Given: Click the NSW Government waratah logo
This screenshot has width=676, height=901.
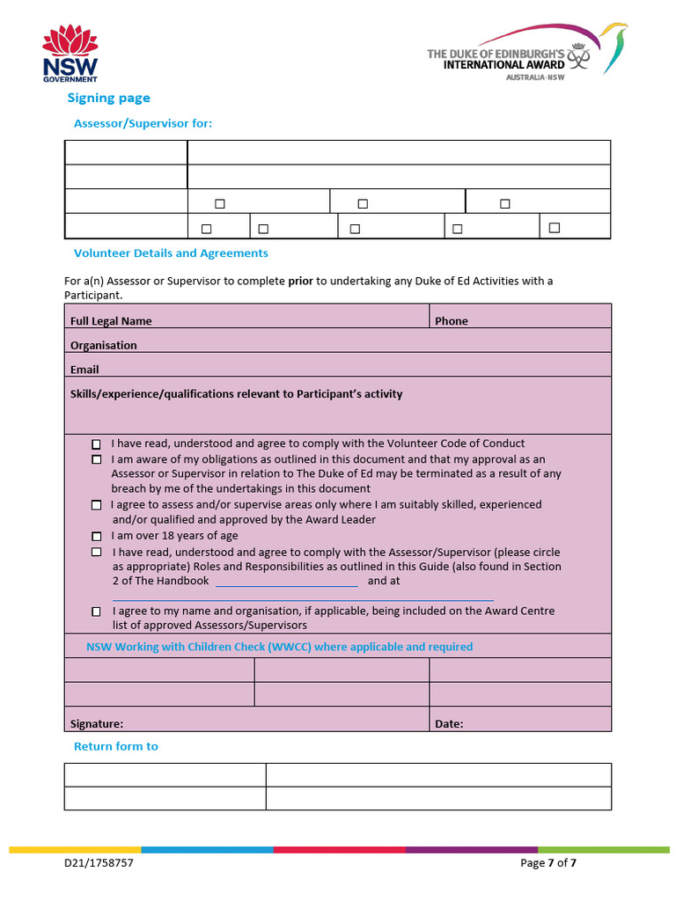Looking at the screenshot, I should (70, 54).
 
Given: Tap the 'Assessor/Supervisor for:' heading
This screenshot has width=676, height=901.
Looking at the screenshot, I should (143, 123).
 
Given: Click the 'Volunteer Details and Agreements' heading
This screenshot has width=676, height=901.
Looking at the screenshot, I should (171, 253).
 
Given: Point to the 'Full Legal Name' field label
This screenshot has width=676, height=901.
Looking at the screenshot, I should (111, 321).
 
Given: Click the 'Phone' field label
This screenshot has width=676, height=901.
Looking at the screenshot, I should (451, 321).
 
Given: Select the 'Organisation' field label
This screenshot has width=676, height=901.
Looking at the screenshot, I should (103, 346).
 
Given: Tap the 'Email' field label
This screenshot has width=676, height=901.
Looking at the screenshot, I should (84, 370).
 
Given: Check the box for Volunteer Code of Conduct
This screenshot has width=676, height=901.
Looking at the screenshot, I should (96, 444).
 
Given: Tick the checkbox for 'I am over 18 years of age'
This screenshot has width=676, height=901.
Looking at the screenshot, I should (96, 536).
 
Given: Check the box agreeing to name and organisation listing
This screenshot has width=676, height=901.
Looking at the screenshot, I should (96, 611).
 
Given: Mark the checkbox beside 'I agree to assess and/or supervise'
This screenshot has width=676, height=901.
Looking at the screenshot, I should (96, 505).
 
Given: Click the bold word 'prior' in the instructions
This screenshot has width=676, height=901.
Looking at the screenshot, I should (300, 282).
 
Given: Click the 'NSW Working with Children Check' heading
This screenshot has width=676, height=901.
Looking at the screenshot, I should (279, 647).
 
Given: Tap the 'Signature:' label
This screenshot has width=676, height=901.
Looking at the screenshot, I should (96, 724).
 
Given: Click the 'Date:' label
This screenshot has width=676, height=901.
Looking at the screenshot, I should (449, 724).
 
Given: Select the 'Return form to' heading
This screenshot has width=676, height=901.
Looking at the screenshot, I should (115, 746).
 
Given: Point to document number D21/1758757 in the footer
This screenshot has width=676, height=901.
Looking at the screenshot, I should (99, 863).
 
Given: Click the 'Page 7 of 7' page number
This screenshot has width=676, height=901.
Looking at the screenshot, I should (548, 863).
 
